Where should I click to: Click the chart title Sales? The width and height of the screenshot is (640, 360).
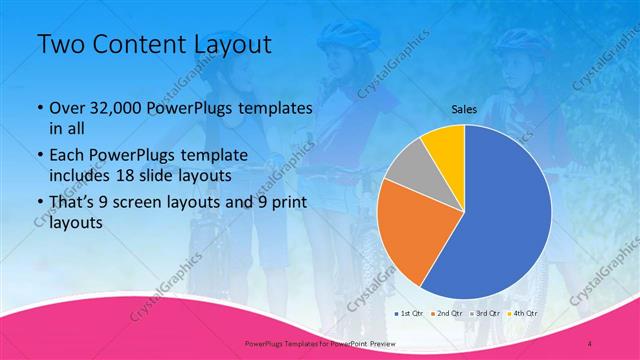(x=463, y=109)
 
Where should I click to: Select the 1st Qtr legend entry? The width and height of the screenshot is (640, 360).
(x=411, y=313)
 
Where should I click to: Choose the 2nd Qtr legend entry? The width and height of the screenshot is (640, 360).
(x=447, y=313)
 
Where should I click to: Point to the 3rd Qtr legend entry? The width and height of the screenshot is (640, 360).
(x=484, y=313)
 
